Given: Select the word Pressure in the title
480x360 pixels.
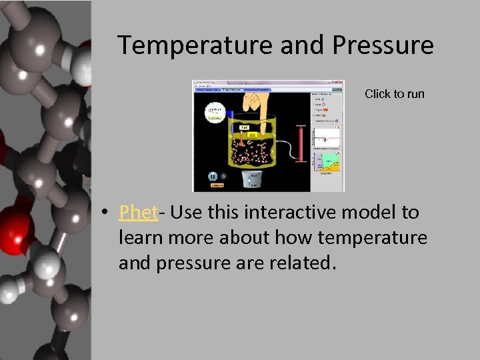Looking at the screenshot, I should tap(382, 45).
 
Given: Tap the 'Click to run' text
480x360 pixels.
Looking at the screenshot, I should tap(394, 94).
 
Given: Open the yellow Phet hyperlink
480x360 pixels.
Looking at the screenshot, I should tap(138, 213).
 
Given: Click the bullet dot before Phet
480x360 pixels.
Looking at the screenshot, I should tap(105, 213).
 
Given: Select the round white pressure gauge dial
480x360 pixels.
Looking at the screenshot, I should tap(215, 111).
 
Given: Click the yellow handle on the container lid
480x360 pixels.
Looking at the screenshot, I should tap(253, 133).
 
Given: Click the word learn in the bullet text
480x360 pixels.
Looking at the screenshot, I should tap(141, 238).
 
